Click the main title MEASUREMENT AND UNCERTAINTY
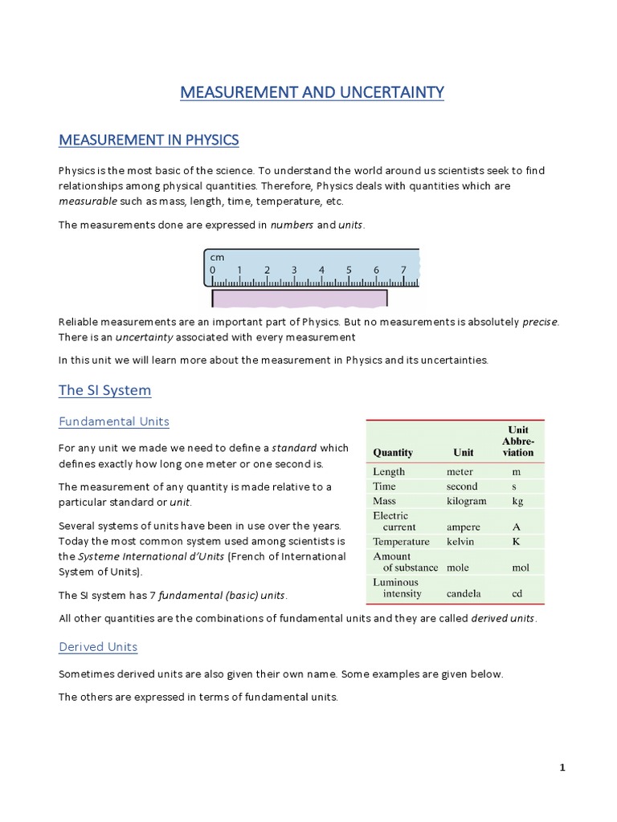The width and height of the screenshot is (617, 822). [312, 93]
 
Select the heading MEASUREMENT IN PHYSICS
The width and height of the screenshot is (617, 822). [149, 140]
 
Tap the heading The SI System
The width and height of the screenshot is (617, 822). [104, 391]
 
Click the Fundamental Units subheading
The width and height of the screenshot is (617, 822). [113, 421]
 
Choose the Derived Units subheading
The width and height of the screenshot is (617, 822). [98, 647]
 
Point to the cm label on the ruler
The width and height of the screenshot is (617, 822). [217, 257]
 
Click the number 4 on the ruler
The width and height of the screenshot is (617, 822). [321, 271]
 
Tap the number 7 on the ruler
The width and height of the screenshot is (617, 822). [403, 271]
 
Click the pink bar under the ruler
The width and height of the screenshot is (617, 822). [299, 298]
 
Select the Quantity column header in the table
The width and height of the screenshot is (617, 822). [393, 453]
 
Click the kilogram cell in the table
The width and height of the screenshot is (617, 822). [467, 501]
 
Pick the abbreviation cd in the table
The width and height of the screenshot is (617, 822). [518, 594]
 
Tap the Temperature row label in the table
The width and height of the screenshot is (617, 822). [401, 542]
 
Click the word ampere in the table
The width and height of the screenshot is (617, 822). [464, 527]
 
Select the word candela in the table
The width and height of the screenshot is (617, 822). [465, 594]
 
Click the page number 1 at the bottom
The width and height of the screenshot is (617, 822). [562, 767]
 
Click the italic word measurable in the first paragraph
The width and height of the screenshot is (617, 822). [88, 201]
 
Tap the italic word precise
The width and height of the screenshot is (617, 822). [540, 322]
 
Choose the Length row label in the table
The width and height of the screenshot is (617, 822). [389, 472]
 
